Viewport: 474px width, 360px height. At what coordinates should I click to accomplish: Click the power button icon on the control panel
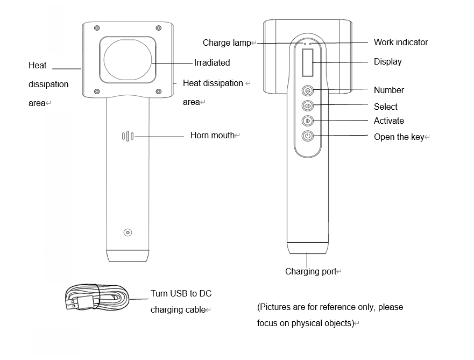(308, 136)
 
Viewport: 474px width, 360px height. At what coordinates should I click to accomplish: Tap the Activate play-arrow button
(308, 121)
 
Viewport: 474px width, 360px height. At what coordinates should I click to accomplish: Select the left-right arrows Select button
(308, 105)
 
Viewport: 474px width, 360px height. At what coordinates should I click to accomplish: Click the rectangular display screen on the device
(308, 63)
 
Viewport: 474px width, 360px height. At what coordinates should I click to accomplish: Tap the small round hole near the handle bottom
(128, 232)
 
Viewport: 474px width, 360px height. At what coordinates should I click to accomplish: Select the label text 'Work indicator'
(401, 42)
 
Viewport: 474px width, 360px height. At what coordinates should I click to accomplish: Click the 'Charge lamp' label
(227, 43)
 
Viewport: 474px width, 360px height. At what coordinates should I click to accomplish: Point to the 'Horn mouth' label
(213, 135)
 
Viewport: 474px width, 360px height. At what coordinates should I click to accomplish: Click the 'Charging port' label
(310, 272)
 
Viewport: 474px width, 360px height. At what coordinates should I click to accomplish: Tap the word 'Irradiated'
(212, 63)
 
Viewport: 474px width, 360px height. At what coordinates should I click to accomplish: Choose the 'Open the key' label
(399, 137)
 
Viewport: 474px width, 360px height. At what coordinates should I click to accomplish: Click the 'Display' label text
(387, 61)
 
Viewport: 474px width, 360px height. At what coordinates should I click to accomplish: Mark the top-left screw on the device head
(96, 28)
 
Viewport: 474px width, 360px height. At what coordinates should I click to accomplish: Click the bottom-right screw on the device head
(159, 91)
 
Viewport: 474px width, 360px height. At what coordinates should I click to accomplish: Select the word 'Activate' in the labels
(388, 121)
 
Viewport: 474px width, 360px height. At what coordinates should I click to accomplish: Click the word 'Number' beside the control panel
(388, 90)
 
